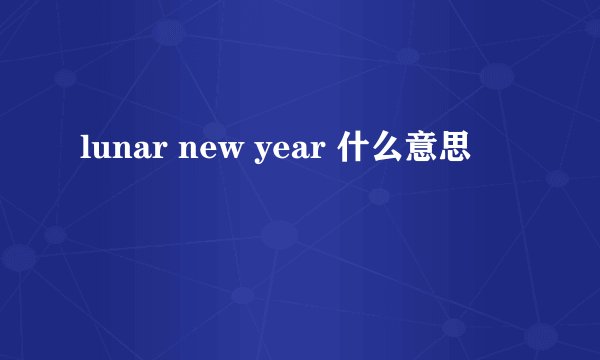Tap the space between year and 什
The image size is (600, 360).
click(x=332, y=152)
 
